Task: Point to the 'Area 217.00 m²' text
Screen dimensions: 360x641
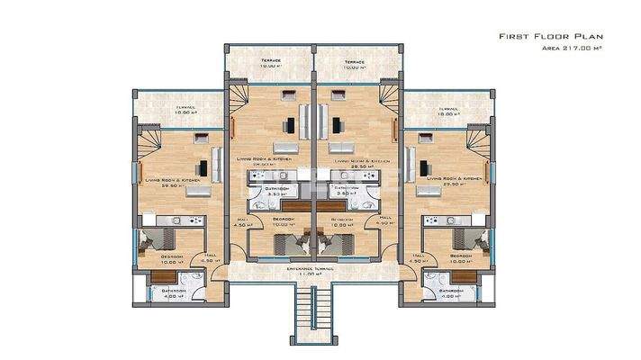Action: coord(572,49)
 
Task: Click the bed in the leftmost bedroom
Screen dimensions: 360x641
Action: coord(154,238)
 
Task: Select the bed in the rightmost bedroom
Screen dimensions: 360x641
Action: coord(473,238)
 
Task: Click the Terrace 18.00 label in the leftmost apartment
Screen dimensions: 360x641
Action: coord(185,111)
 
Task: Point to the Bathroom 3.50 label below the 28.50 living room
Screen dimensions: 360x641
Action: coord(348,192)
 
